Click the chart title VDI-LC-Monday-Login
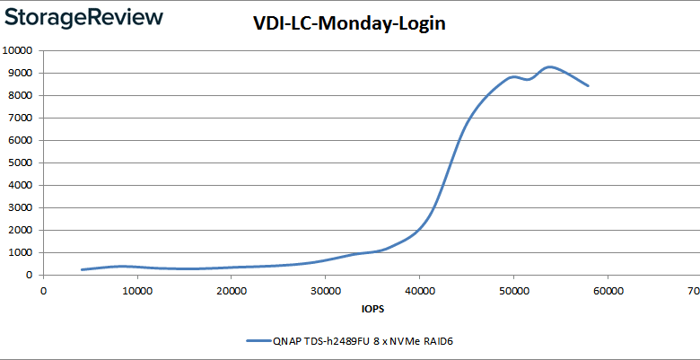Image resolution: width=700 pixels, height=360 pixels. coord(349,24)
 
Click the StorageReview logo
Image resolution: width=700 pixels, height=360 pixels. coord(83,17)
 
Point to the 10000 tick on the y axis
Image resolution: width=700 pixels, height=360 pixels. coord(20,50)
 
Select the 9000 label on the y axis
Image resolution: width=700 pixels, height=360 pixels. coord(22,73)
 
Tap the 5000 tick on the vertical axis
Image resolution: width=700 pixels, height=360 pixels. coord(22,162)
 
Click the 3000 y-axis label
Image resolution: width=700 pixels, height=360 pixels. coord(22,207)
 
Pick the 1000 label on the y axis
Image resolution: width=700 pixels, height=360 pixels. coord(22,252)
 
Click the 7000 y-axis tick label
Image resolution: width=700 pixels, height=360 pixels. coord(22,118)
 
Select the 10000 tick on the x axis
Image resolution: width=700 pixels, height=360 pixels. coord(137,290)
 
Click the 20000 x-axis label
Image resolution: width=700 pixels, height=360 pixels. coord(232,290)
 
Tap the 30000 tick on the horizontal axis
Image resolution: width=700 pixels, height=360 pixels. coord(325,290)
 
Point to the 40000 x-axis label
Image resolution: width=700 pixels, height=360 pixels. coord(419,290)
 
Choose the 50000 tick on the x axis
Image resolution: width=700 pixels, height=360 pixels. coord(512,290)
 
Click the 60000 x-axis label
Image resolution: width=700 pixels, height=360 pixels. coord(607,290)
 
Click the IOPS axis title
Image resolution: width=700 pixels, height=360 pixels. coord(371,310)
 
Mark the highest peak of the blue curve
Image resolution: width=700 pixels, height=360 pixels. coord(550,66)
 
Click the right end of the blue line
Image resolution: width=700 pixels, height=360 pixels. coord(588,86)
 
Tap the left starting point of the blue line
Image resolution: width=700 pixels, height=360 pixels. coord(82,269)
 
